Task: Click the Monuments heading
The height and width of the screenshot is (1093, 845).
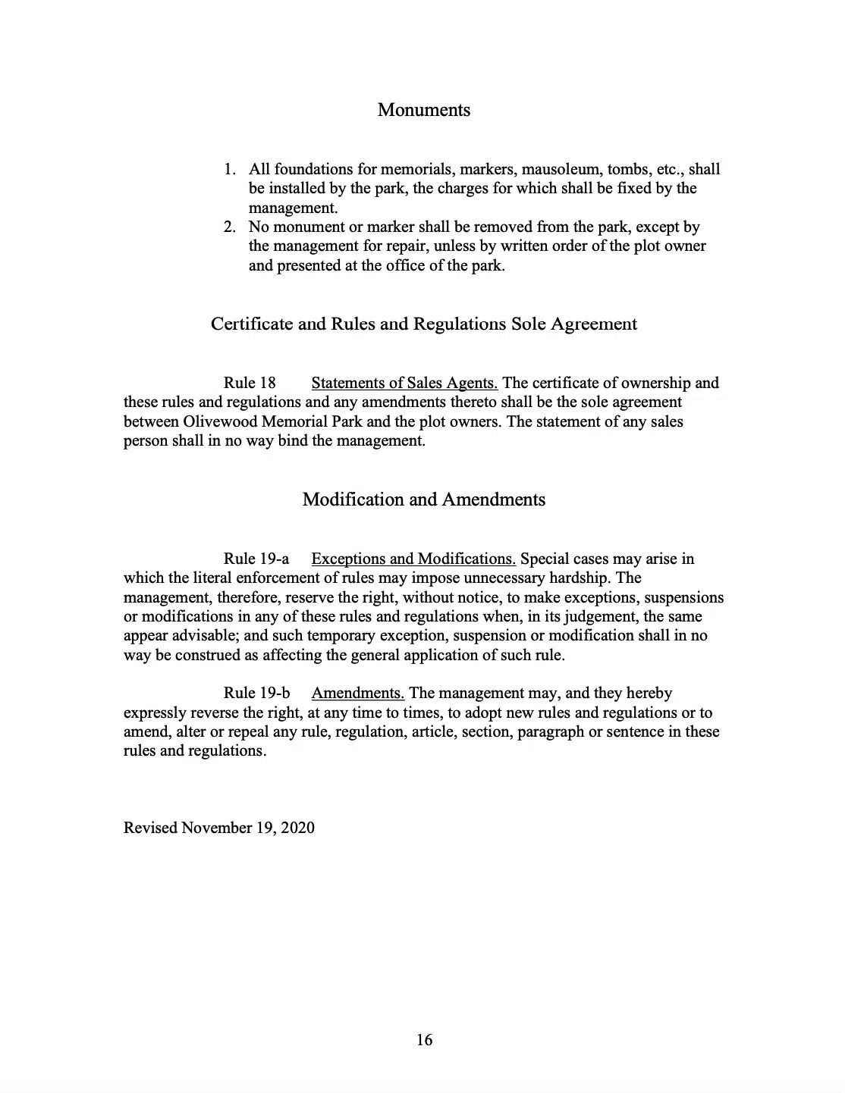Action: (423, 110)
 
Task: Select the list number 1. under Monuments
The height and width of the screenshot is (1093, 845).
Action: (230, 169)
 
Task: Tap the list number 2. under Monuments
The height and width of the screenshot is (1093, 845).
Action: (230, 227)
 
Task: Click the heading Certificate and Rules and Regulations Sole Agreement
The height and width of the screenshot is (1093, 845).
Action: (423, 324)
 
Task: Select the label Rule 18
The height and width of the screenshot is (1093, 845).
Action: (250, 383)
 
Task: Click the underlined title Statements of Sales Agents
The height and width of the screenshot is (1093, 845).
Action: (404, 383)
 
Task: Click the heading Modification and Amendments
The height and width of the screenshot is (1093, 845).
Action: (423, 500)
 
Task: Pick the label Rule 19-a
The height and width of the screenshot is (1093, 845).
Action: (256, 559)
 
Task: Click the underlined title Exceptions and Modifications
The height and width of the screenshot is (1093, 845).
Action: (413, 559)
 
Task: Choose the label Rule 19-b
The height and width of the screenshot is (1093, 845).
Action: (257, 693)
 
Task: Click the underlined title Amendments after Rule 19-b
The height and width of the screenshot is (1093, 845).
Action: (357, 693)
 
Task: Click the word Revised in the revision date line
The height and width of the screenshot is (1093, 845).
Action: (151, 827)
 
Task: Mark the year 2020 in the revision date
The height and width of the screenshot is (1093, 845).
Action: (297, 827)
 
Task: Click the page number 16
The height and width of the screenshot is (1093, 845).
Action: (424, 1040)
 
